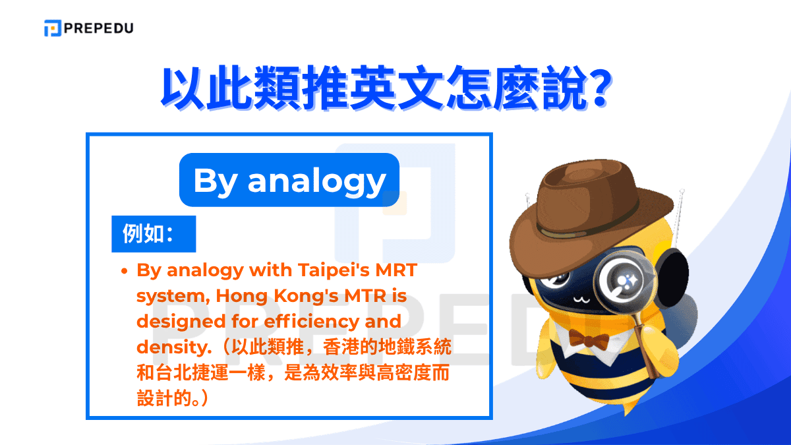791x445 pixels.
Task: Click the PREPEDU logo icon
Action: [53, 28]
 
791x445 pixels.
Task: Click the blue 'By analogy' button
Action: [289, 180]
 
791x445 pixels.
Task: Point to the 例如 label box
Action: [153, 233]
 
